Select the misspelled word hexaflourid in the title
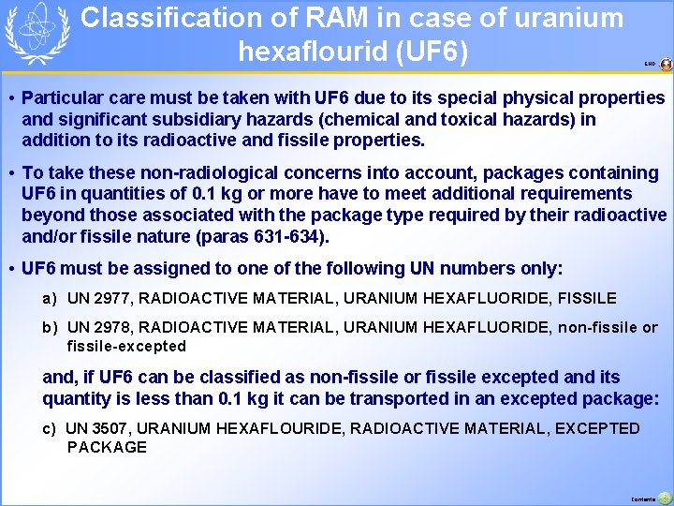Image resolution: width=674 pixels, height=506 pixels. pyautogui.click(x=314, y=52)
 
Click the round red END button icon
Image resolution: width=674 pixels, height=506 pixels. pyautogui.click(x=666, y=64)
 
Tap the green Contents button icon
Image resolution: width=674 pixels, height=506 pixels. pyautogui.click(x=665, y=499)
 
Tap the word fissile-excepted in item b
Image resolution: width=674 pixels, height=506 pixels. pyautogui.click(x=126, y=347)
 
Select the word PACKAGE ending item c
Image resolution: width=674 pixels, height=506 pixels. pyautogui.click(x=107, y=447)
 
